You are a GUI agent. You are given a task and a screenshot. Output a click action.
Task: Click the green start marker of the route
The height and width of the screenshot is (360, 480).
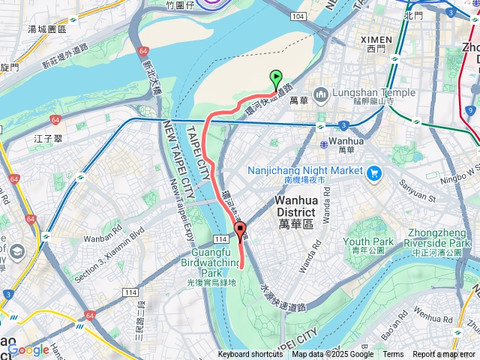pyautogui.click(x=275, y=77)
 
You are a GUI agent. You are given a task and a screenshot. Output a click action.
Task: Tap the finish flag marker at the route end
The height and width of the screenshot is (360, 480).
pyautogui.click(x=240, y=231)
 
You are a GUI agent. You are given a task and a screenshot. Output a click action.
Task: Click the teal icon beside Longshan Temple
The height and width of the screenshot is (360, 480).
pyautogui.click(x=321, y=94)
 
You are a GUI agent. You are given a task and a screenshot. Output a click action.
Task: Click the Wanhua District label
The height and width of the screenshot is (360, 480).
pyautogui.click(x=305, y=205)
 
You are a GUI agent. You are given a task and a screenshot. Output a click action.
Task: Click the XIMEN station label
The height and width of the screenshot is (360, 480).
pyautogui.click(x=375, y=39)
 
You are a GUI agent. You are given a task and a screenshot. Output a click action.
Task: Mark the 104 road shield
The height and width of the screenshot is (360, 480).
pyautogui.click(x=299, y=16)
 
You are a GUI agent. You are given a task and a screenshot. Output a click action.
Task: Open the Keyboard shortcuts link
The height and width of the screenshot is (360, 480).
pyautogui.click(x=250, y=355)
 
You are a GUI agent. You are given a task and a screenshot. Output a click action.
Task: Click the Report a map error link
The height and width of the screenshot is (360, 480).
pyautogui.click(x=444, y=355)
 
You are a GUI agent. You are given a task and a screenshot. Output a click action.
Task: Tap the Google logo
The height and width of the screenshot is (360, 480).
pyautogui.click(x=28, y=349)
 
